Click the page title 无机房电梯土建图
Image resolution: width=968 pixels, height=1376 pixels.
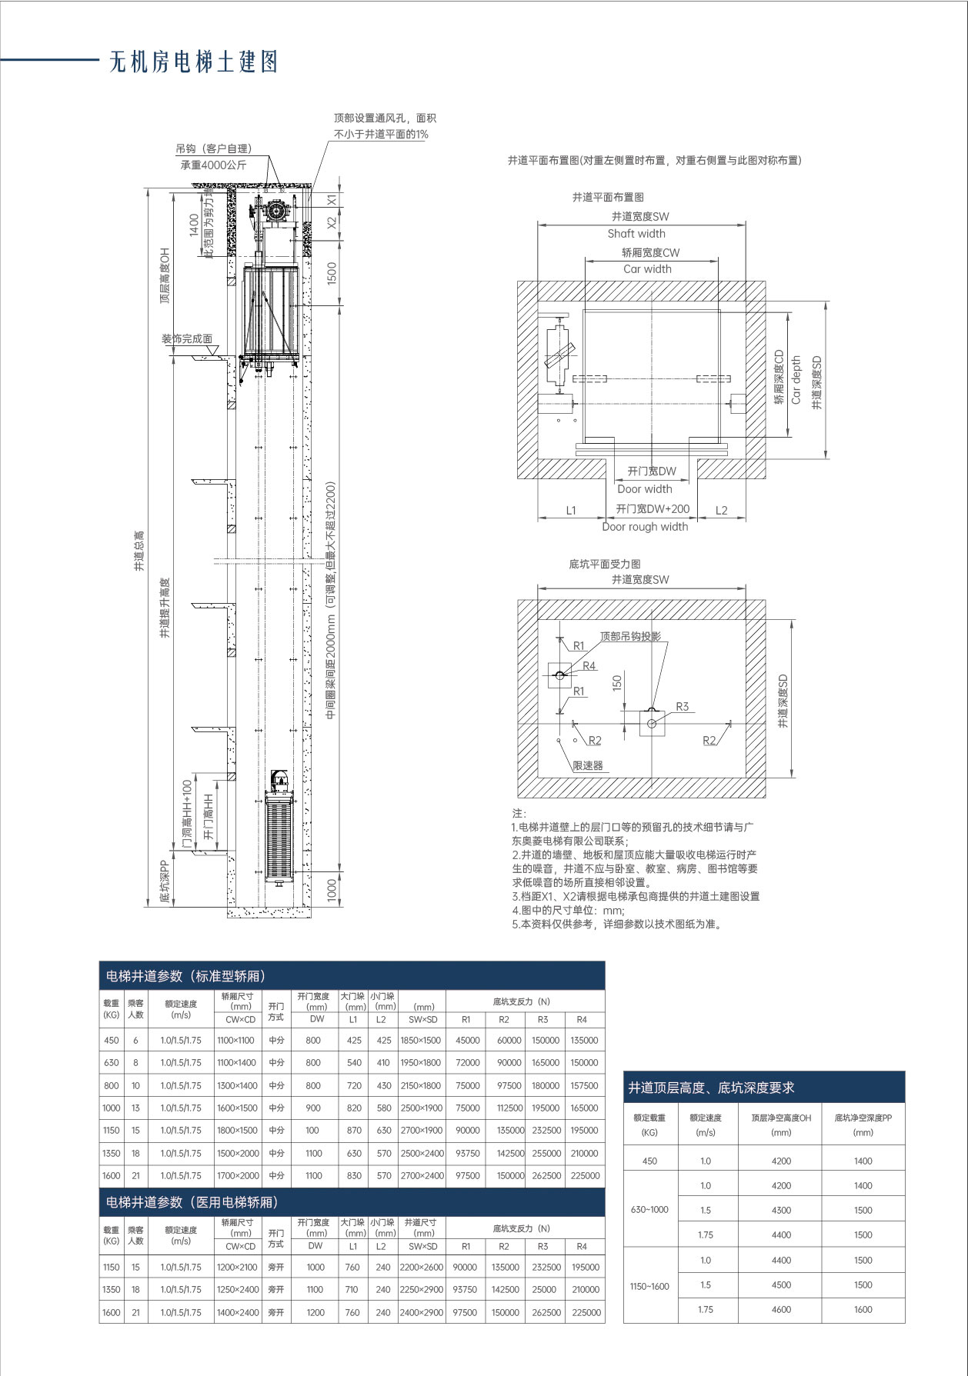pos(193,62)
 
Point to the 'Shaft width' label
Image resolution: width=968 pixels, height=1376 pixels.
pos(636,234)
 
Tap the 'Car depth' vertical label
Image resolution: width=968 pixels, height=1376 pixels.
pos(796,379)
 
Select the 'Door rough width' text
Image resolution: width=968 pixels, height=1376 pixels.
pos(645,527)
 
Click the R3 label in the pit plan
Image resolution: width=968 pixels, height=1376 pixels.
pos(682,706)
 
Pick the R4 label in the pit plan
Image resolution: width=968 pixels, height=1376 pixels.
pos(589,666)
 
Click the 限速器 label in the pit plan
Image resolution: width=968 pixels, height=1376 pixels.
pos(588,765)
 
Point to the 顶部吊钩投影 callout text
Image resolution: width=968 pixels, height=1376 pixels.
pos(630,636)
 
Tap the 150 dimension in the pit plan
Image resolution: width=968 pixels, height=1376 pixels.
pos(617,683)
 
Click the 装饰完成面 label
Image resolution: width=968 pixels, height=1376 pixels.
pos(187,338)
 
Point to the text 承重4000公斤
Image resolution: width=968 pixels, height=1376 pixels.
pos(214,165)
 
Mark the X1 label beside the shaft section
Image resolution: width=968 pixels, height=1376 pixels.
pos(332,199)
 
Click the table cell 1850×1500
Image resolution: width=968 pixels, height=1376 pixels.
pos(420,1040)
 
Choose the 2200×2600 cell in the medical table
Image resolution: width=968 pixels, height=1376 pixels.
pos(422,1267)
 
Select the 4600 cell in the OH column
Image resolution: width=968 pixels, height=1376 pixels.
pos(781,1309)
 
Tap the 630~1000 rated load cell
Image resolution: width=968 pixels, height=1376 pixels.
pos(649,1209)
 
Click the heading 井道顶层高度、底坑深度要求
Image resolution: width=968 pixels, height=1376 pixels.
pos(711,1088)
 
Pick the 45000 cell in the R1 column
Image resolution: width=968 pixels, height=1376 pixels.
pos(467,1040)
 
